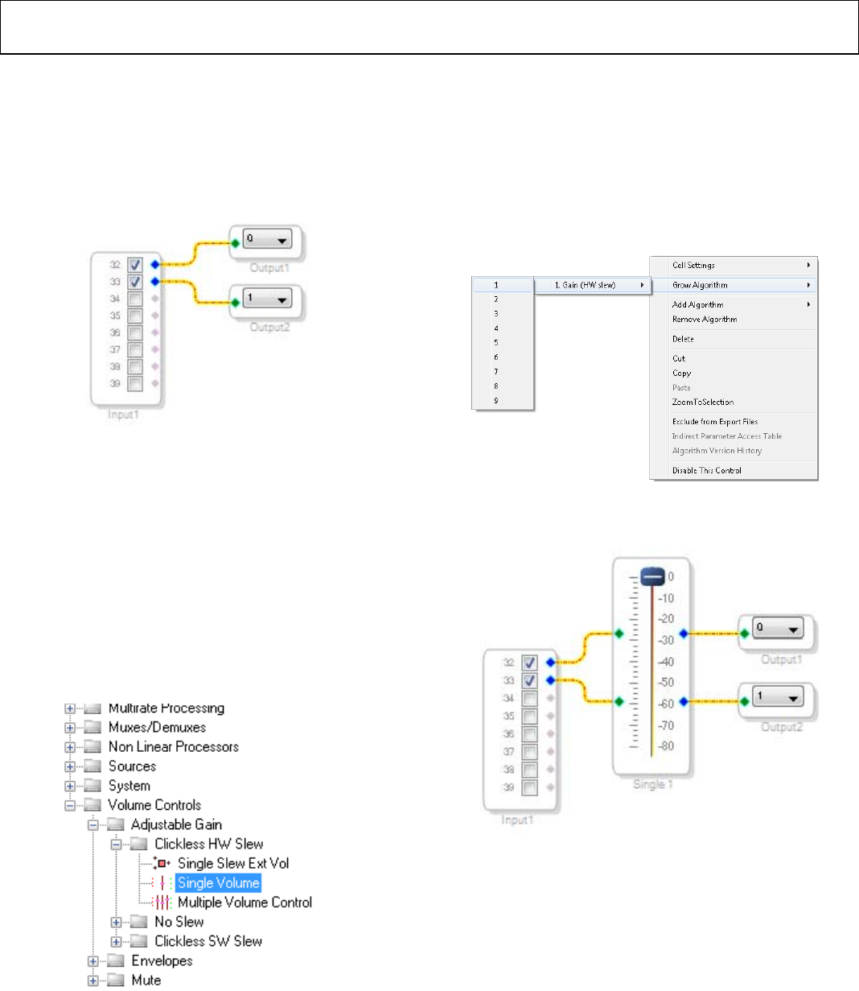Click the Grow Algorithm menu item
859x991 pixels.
click(701, 285)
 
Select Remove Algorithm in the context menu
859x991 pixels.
click(705, 320)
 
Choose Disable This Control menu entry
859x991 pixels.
click(707, 470)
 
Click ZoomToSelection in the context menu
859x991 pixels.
click(703, 402)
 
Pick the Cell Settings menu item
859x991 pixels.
click(694, 265)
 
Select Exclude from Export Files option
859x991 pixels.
click(715, 421)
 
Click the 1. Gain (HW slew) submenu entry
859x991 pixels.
click(586, 285)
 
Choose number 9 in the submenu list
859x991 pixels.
click(496, 400)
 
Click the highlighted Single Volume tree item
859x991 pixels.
click(219, 883)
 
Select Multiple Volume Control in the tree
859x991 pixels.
click(245, 902)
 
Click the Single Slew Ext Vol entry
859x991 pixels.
click(233, 864)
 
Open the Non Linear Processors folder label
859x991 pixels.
click(174, 747)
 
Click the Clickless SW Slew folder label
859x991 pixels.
click(208, 941)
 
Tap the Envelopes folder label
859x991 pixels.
click(162, 960)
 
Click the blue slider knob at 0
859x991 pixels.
click(652, 576)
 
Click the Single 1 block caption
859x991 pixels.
click(652, 784)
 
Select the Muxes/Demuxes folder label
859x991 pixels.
click(157, 728)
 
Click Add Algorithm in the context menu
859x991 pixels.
click(698, 304)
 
